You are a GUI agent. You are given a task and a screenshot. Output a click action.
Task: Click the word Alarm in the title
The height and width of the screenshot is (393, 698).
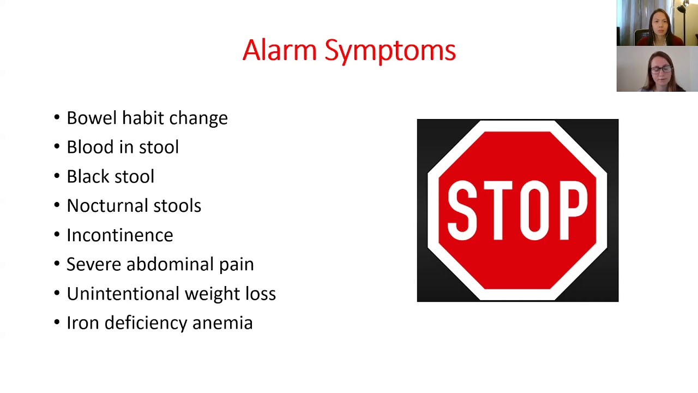279,50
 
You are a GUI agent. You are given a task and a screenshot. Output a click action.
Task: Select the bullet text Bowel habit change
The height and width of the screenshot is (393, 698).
147,118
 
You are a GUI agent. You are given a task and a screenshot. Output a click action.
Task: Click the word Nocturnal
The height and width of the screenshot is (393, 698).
107,206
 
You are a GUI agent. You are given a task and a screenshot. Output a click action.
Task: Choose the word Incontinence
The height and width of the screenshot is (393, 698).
119,235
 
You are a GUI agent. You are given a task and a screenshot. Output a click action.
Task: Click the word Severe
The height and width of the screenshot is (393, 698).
94,264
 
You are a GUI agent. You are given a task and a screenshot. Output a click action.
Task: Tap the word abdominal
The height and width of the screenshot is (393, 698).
170,264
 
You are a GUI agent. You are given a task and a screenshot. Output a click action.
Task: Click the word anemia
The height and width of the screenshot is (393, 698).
222,323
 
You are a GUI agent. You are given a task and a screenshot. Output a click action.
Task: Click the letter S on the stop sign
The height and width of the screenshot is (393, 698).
462,211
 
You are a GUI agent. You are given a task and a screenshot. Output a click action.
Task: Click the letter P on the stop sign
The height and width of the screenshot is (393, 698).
571,211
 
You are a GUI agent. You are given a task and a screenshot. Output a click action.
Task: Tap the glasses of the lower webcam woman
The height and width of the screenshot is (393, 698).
661,69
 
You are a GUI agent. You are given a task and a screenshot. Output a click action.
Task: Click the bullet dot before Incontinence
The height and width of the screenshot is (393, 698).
57,235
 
